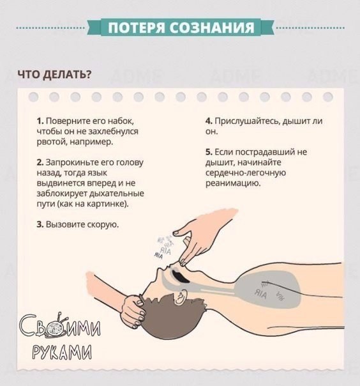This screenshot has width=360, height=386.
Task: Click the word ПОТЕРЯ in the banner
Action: tap(136, 27)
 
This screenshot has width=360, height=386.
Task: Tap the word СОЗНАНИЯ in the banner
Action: tap(212, 27)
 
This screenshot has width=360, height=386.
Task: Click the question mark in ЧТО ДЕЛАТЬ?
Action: tap(88, 74)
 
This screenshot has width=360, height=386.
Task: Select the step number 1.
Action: tap(40, 121)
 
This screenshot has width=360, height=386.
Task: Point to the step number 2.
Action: tap(40, 162)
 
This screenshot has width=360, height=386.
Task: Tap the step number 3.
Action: tap(40, 224)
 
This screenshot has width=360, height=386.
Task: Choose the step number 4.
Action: tap(209, 121)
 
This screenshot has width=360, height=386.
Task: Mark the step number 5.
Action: tap(209, 152)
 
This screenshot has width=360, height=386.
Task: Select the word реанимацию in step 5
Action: tap(232, 183)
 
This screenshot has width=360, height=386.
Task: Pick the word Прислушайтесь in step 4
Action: tap(247, 121)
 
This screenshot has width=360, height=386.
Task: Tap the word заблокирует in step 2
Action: tap(63, 194)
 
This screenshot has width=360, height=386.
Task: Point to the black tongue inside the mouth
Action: tap(179, 276)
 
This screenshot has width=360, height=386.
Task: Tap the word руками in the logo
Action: tap(62, 352)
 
